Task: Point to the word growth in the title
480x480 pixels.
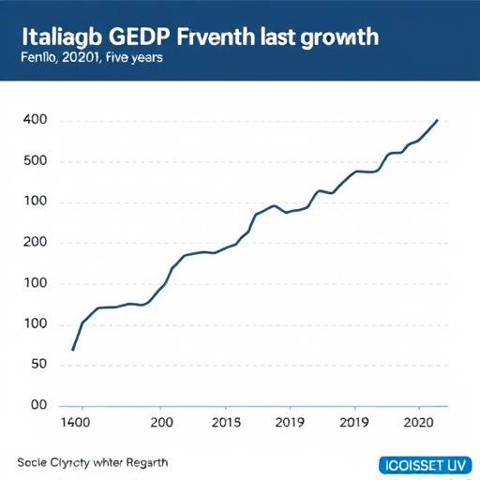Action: coord(340,37)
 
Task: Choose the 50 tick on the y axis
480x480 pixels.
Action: coord(38,365)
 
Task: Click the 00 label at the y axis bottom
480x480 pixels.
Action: coord(38,405)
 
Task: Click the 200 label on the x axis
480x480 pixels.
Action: coord(161,423)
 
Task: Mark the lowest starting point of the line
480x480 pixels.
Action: coord(72,350)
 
